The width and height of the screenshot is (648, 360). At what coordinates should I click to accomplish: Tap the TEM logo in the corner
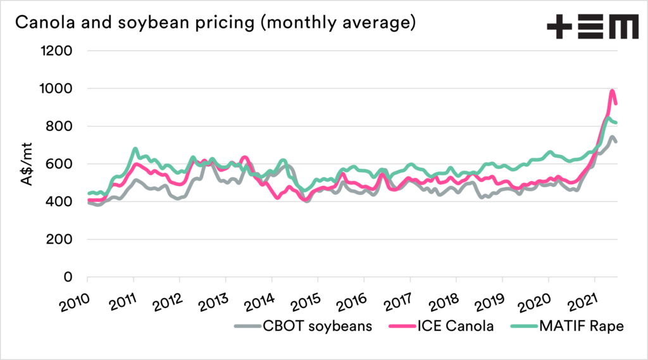592,27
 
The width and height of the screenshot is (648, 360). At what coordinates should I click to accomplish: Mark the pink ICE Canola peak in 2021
612,91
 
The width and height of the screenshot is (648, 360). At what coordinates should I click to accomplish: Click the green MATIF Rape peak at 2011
135,149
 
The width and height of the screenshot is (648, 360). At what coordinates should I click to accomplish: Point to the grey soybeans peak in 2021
612,137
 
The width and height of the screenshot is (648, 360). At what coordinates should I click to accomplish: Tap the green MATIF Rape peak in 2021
608,118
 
